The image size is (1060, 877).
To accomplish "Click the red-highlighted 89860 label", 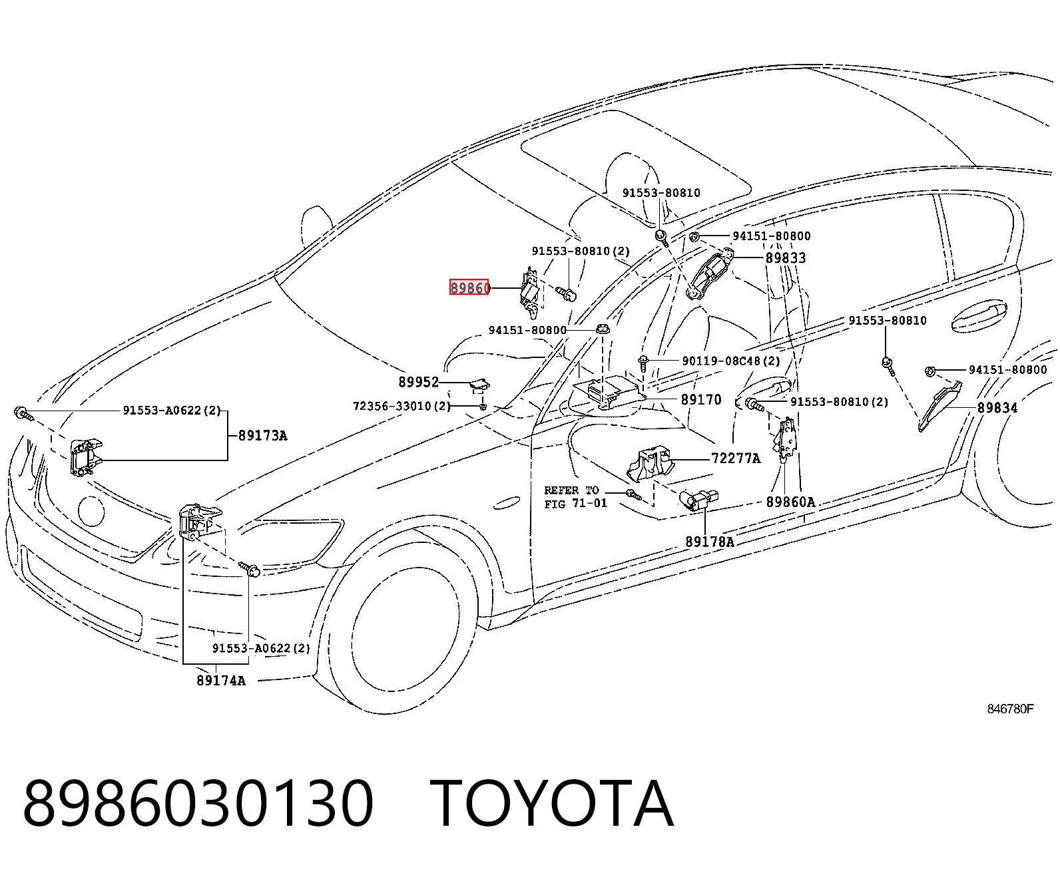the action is [x=469, y=287].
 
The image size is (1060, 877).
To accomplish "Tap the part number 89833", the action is [x=786, y=258].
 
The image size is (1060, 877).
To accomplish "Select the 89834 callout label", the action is [x=997, y=407].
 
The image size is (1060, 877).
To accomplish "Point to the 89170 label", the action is [x=700, y=399].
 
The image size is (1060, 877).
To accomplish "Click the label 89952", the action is [x=418, y=382].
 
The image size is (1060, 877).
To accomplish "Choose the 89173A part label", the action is [x=262, y=435].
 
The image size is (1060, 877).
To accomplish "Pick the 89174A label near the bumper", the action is [x=221, y=680].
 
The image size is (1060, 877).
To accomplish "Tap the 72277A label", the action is [x=736, y=459].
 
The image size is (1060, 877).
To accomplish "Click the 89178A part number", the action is [x=710, y=542].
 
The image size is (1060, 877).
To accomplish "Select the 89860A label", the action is [x=790, y=502].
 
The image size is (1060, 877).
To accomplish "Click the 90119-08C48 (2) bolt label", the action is [x=731, y=361].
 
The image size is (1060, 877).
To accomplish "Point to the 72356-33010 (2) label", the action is [x=401, y=406].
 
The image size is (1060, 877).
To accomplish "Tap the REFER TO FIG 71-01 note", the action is [x=575, y=497].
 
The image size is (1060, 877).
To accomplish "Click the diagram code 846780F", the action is [x=1010, y=709].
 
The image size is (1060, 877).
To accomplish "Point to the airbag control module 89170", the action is [x=609, y=393].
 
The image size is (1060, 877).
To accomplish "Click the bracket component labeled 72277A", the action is [x=651, y=463].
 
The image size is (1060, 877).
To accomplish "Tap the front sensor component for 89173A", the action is [x=86, y=456].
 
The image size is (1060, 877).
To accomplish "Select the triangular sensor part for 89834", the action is [x=941, y=405].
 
